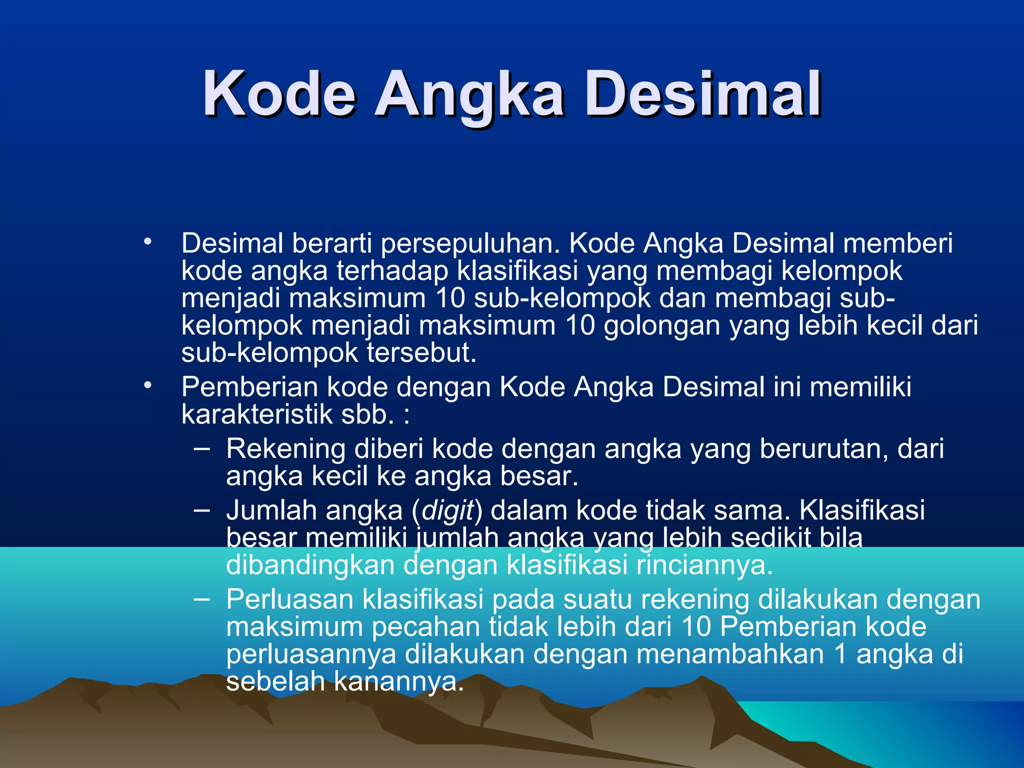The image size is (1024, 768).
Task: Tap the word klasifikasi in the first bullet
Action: click(x=517, y=271)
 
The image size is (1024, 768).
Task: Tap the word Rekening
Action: click(x=285, y=448)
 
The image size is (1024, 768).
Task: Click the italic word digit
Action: click(x=447, y=511)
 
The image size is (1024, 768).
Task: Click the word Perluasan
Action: click(x=289, y=599)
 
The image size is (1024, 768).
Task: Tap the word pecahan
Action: click(x=425, y=627)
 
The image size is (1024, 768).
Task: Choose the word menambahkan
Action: click(x=729, y=654)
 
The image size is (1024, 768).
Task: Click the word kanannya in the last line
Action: click(x=398, y=681)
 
